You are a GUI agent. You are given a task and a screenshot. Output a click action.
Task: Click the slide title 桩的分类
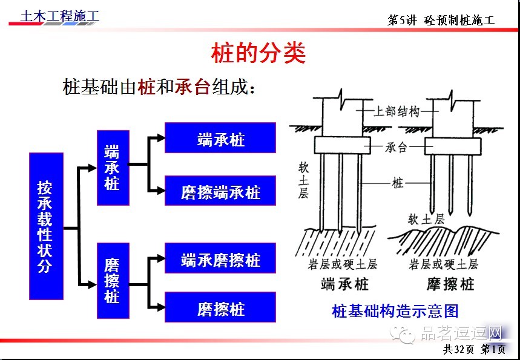(x=258, y=54)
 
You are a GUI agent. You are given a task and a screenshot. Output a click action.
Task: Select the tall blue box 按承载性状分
(x=46, y=226)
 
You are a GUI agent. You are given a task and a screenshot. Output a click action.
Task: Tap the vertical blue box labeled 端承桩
(x=113, y=168)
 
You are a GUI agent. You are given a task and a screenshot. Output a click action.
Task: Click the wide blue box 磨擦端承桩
(x=220, y=191)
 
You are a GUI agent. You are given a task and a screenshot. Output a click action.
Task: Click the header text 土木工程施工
(x=59, y=16)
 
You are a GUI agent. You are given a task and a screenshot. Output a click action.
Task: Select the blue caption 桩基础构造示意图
(x=395, y=312)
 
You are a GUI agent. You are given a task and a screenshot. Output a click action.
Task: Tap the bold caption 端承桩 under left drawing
(x=344, y=283)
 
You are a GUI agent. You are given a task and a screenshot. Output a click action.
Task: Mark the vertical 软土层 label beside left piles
(x=303, y=180)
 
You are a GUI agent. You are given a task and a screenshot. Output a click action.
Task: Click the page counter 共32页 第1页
(x=475, y=349)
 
